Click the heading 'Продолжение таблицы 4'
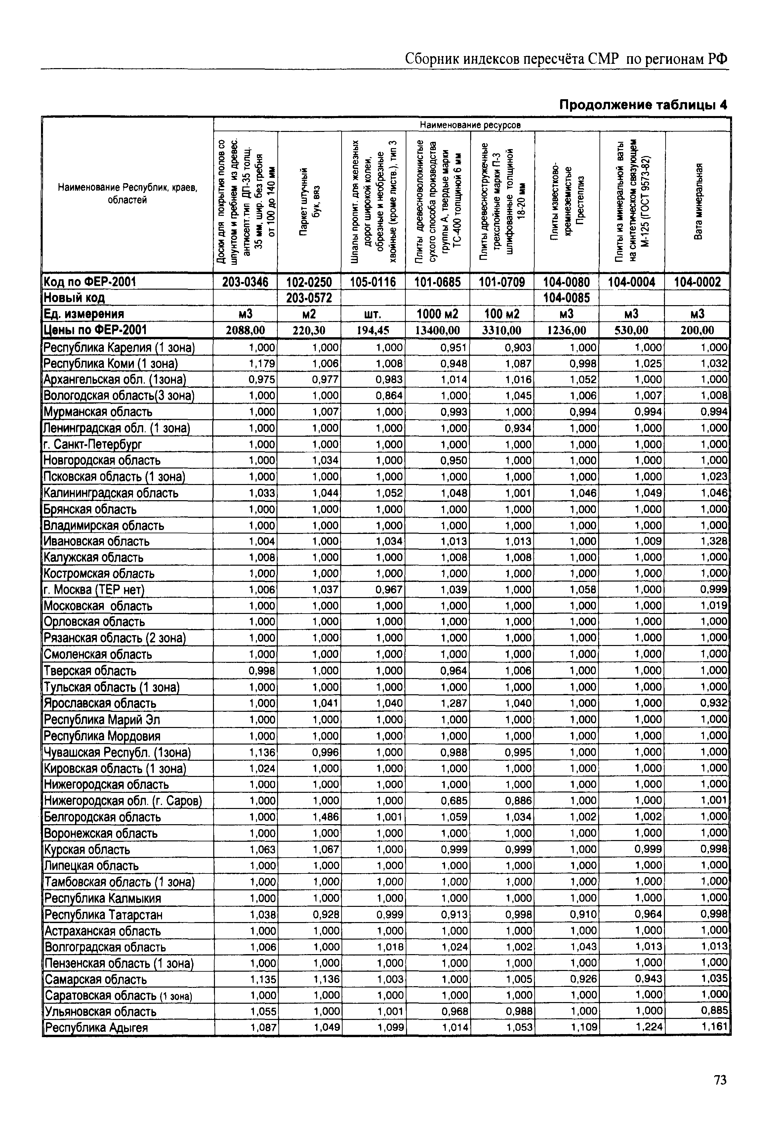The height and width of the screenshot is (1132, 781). coord(643,105)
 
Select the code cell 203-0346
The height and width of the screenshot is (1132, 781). coord(245,282)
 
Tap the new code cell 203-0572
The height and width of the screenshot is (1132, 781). coord(309,298)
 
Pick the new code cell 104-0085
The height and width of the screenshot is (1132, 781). coord(567,298)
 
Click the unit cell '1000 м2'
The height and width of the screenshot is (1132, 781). coord(437,313)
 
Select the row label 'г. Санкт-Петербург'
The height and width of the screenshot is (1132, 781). coord(93,444)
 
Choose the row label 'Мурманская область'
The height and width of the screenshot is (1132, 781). coord(98,412)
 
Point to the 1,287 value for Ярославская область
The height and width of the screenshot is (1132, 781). coord(454,703)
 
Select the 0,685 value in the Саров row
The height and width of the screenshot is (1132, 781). coord(454,801)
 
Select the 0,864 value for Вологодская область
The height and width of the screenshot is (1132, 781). coord(390,395)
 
